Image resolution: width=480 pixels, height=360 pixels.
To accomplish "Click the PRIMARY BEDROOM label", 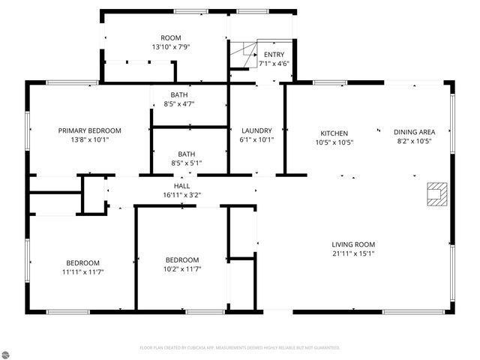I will (x=90, y=130).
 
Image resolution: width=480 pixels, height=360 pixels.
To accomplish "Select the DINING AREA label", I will (x=414, y=131).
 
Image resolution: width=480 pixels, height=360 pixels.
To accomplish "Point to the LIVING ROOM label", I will (x=353, y=244).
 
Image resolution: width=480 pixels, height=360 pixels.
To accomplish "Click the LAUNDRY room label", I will (x=256, y=130).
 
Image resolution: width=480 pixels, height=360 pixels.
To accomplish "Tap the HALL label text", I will (x=181, y=185).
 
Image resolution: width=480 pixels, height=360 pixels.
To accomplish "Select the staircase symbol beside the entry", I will (x=242, y=55).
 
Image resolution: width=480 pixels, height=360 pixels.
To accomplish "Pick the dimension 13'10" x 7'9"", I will (x=171, y=46).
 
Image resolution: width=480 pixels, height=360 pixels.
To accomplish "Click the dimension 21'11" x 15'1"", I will (x=353, y=253).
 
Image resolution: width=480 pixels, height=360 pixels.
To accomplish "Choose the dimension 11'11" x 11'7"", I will (x=82, y=271).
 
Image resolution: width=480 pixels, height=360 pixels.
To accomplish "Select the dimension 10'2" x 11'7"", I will (x=182, y=268).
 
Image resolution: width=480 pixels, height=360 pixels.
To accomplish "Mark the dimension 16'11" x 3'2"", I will (x=181, y=194).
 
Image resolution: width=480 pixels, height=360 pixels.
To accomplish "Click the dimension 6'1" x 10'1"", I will (x=256, y=139).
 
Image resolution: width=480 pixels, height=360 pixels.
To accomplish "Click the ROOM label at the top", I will (x=171, y=37).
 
